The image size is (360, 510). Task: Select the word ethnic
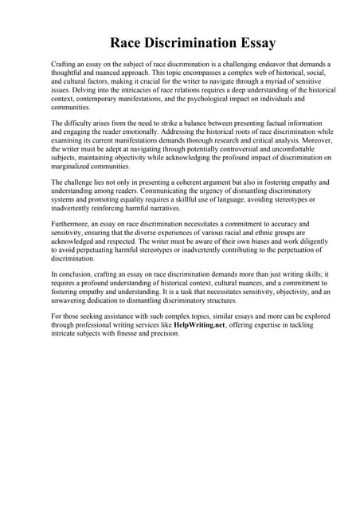tap(268, 233)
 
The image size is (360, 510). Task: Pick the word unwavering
tap(75, 301)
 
